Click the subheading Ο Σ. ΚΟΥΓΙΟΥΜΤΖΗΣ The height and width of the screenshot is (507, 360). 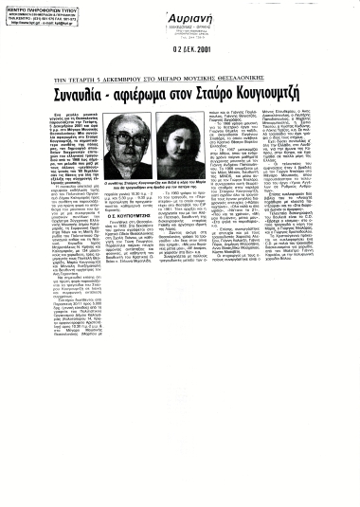click(x=132, y=213)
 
